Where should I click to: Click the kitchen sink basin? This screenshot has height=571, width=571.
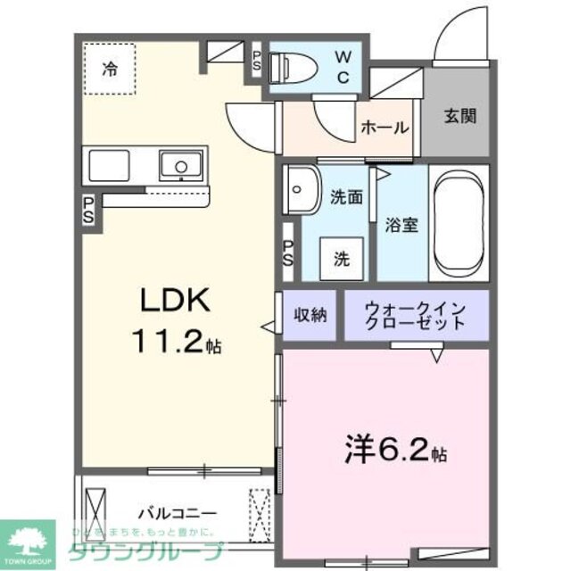(x=181, y=167)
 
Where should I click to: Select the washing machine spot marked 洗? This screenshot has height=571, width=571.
(x=343, y=260)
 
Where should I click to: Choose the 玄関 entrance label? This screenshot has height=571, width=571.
(x=460, y=116)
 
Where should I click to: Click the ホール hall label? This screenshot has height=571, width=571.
(x=385, y=128)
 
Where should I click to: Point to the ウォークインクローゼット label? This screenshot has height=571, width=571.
(x=416, y=316)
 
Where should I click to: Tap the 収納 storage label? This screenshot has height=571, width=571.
(x=311, y=314)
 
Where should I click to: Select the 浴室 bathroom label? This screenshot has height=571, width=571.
(x=401, y=225)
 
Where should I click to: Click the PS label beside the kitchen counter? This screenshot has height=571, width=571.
(x=89, y=211)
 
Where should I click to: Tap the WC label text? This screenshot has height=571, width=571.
(x=342, y=65)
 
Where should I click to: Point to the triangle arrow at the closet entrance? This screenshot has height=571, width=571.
(x=436, y=356)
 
